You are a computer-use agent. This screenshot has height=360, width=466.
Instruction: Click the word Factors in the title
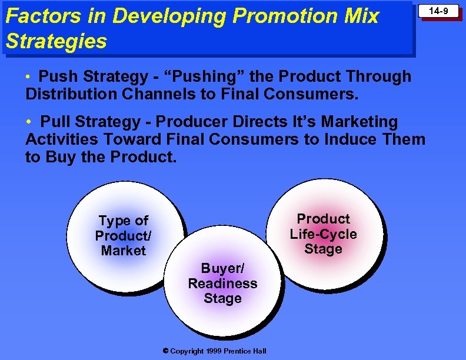click(37, 16)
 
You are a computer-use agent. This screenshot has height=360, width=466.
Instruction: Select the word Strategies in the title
click(56, 41)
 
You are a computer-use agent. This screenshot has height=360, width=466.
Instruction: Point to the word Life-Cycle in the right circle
click(323, 234)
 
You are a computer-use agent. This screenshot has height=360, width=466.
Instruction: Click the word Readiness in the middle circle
click(222, 284)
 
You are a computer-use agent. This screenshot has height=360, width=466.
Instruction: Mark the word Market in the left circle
click(123, 251)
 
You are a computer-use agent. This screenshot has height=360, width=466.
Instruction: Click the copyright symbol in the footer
click(165, 351)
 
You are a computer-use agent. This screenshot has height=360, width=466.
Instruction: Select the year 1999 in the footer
click(214, 351)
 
